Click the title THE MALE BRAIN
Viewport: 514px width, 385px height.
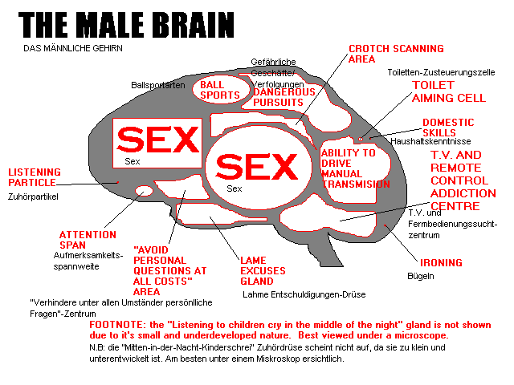pyautogui.click(x=126, y=25)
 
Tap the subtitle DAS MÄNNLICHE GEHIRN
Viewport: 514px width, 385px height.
pyautogui.click(x=73, y=48)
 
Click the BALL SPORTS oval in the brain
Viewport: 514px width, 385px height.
pyautogui.click(x=220, y=90)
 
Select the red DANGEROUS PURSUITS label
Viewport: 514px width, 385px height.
pyautogui.click(x=284, y=97)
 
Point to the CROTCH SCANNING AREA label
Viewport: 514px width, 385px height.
pyautogui.click(x=396, y=54)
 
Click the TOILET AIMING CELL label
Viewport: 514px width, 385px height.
pyautogui.click(x=449, y=91)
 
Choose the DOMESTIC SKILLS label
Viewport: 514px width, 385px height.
pyautogui.click(x=448, y=128)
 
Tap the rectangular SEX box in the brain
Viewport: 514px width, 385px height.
pyautogui.click(x=157, y=143)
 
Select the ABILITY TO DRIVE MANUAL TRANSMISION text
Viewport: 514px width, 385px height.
pyautogui.click(x=355, y=168)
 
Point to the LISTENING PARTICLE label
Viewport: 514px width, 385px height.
pyautogui.click(x=35, y=177)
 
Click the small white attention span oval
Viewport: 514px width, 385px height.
pyautogui.click(x=144, y=191)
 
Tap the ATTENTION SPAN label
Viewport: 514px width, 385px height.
pyautogui.click(x=88, y=240)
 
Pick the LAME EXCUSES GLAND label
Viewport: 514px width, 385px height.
pyautogui.click(x=263, y=271)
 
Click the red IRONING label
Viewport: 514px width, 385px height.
pyautogui.click(x=441, y=262)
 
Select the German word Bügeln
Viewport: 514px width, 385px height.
pyautogui.click(x=421, y=276)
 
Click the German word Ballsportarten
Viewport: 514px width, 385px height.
pyautogui.click(x=158, y=85)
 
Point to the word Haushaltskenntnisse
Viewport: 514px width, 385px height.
pyautogui.click(x=430, y=141)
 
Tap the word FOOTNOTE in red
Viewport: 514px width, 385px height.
pyautogui.click(x=117, y=325)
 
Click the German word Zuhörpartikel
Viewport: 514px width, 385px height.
pyautogui.click(x=33, y=197)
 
